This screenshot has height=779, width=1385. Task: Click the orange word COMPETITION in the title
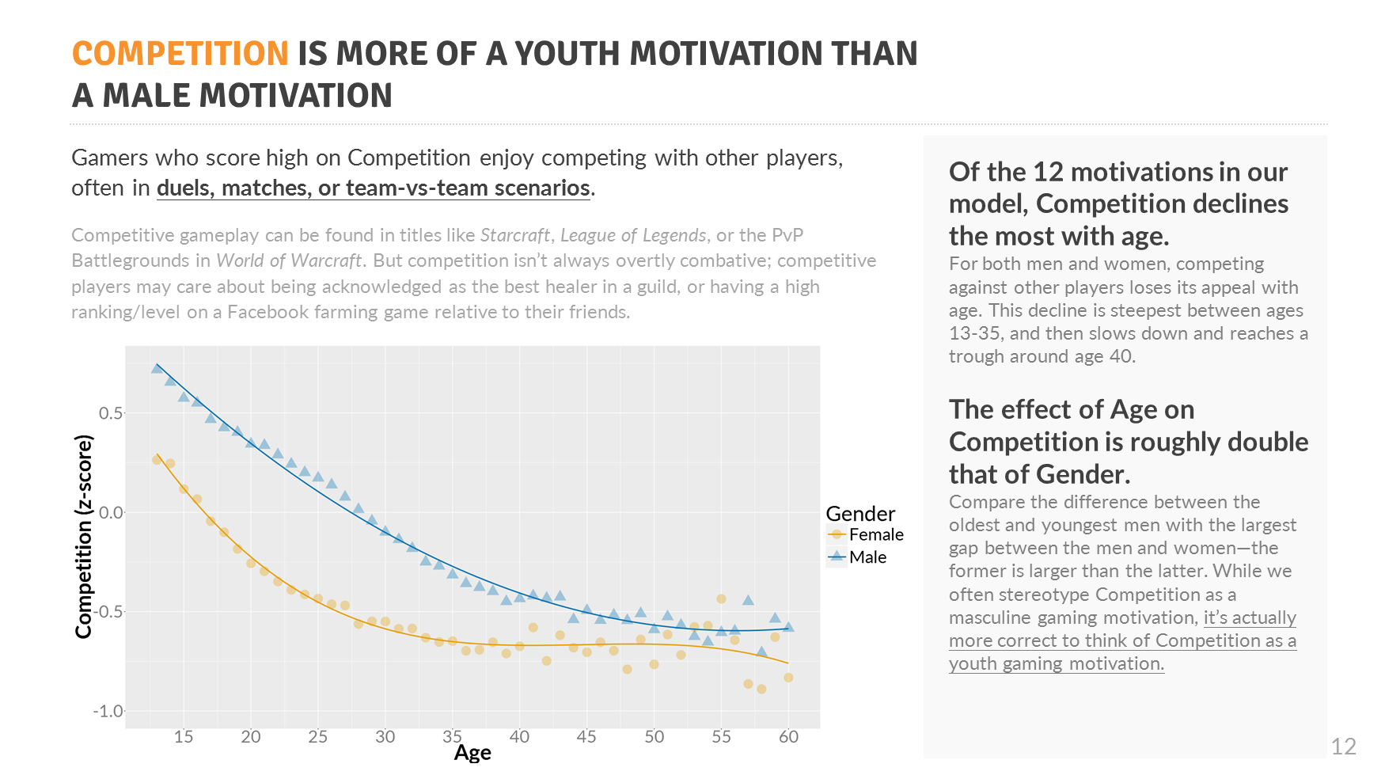[x=180, y=54]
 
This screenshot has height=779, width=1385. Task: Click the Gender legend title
[x=860, y=514]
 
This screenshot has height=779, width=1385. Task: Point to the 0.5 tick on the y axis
[x=111, y=413]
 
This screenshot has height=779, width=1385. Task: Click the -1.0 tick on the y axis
[x=108, y=711]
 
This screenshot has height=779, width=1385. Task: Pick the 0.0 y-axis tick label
[x=111, y=512]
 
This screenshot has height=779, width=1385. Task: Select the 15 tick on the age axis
[x=184, y=737]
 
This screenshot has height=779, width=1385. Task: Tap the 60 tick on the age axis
[x=788, y=737]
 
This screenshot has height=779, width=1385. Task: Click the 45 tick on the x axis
[x=586, y=737]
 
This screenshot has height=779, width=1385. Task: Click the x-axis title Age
[x=472, y=753]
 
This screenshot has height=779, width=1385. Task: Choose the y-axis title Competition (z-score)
[x=84, y=536]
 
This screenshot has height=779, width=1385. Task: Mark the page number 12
[x=1343, y=747]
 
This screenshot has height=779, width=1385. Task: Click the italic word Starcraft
[x=514, y=235]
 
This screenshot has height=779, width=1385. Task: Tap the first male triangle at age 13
[x=157, y=368]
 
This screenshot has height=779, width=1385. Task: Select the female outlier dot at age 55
[x=721, y=598]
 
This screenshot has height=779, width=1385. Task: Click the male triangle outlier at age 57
[x=748, y=600]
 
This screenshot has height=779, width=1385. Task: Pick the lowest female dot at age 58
[x=761, y=689]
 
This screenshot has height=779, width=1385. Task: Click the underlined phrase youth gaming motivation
[x=1056, y=663]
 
